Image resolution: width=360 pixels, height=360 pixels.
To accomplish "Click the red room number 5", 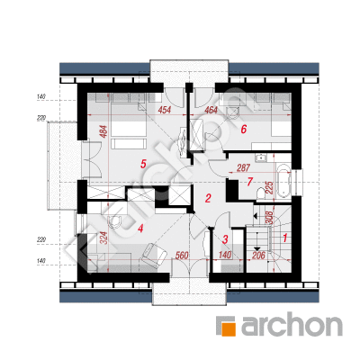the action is [143, 164].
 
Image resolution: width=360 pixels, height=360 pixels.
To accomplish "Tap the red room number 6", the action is [243, 130].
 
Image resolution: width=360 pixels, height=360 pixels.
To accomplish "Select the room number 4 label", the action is [140, 229].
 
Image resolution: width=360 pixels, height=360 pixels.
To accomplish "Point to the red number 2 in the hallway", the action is [208, 198].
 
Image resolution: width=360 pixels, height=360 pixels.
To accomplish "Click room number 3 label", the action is [225, 239].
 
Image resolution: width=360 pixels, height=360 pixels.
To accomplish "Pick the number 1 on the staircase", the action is [285, 238].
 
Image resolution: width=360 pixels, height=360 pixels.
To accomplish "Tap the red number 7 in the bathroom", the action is [250, 182].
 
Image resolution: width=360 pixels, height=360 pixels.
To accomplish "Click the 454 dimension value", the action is [165, 110].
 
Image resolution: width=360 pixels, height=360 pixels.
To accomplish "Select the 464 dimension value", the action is [211, 110].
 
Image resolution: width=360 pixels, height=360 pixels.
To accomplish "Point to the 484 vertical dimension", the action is [103, 131].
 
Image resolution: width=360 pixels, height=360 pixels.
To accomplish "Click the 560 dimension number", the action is [182, 256].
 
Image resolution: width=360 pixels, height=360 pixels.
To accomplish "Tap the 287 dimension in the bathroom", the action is [243, 168].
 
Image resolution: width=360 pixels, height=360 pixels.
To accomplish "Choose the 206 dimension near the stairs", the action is [258, 256].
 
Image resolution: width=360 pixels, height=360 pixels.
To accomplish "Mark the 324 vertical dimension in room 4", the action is [103, 238].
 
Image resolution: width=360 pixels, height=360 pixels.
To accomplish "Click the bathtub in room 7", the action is [283, 181].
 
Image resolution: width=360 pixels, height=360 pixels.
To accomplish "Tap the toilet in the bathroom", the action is [261, 193].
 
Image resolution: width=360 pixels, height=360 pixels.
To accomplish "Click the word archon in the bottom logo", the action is [292, 326].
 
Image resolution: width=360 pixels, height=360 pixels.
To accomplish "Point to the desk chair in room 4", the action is [116, 221].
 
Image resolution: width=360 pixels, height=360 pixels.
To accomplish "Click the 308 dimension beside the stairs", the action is [270, 217].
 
